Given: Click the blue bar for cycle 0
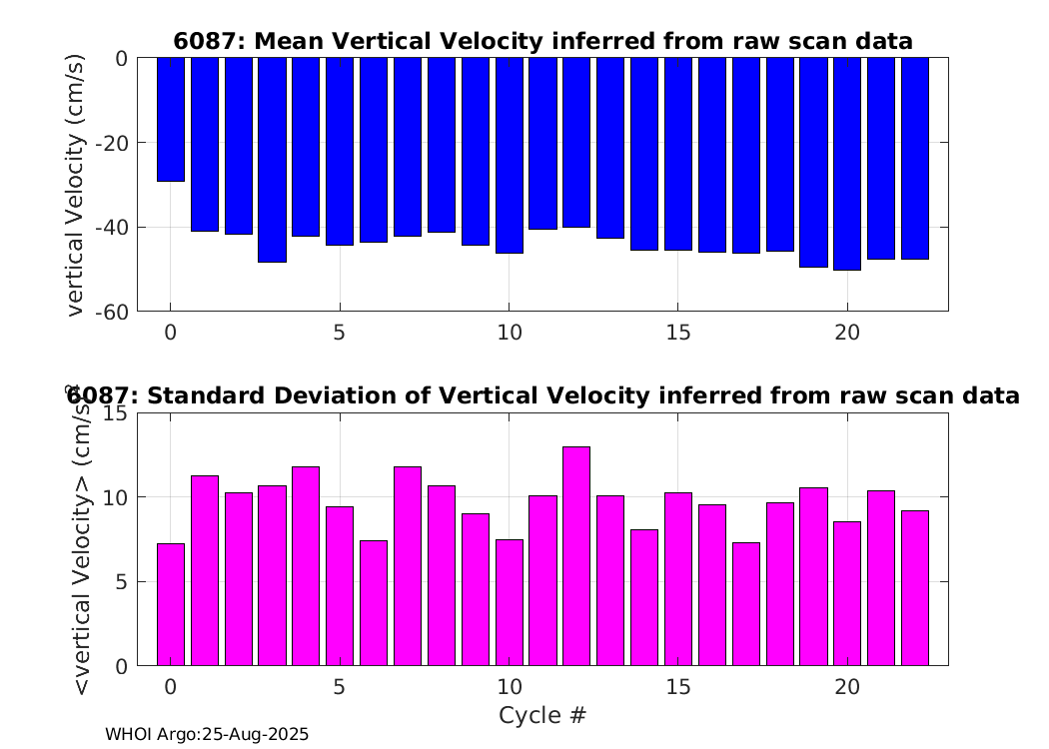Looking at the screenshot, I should tap(171, 119).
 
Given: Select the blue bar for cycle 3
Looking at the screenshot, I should tap(272, 160).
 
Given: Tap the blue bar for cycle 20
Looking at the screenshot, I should tap(847, 164).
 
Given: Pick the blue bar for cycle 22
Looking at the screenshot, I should tap(915, 158).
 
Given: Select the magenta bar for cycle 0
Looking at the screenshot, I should tap(171, 604).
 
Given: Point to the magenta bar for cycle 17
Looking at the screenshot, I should tap(745, 603).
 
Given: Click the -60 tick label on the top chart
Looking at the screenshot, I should tap(110, 312).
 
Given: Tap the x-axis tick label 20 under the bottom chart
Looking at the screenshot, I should tap(847, 687).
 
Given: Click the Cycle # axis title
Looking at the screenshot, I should tap(542, 715).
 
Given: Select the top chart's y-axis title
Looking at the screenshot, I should tap(77, 185).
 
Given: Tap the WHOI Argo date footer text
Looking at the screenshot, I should tap(207, 734).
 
